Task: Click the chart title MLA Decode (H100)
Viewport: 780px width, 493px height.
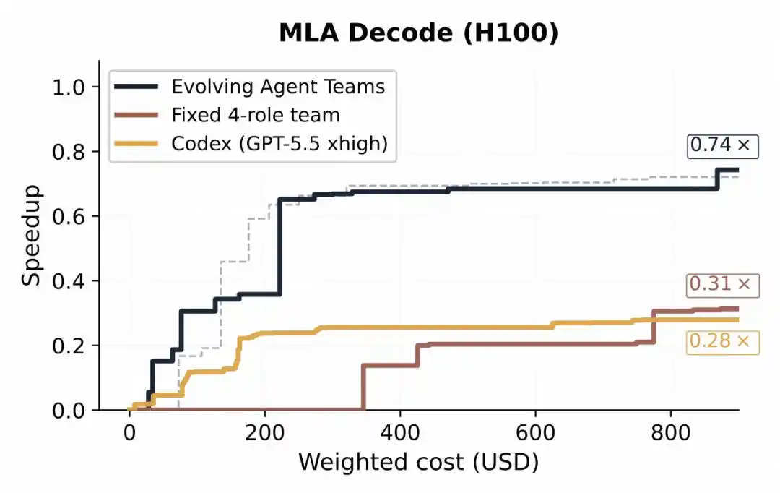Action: click(418, 33)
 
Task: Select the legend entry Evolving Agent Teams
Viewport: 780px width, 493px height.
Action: click(278, 87)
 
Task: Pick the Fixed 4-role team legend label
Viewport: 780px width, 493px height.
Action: click(256, 115)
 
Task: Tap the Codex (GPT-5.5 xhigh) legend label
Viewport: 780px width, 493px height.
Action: click(279, 144)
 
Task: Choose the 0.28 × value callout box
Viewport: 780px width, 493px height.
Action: click(723, 343)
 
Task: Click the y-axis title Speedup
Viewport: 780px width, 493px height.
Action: click(31, 235)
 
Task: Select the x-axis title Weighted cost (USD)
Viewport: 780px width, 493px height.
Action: click(418, 462)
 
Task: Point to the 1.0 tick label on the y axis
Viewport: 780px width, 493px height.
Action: click(69, 87)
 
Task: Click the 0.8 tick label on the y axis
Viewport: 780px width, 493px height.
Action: click(69, 152)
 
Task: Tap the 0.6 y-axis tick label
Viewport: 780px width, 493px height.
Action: click(69, 217)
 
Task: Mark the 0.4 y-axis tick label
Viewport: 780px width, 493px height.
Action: click(69, 281)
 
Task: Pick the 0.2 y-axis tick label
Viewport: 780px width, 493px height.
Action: click(69, 346)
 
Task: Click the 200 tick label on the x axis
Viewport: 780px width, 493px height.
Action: click(264, 433)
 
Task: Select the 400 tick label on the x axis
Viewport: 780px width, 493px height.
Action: click(400, 433)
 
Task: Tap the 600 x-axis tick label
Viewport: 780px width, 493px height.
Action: click(535, 433)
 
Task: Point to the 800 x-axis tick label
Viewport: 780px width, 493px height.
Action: click(670, 433)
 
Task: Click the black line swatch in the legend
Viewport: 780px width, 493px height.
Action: click(136, 87)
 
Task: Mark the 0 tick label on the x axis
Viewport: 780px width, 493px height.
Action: click(129, 433)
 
